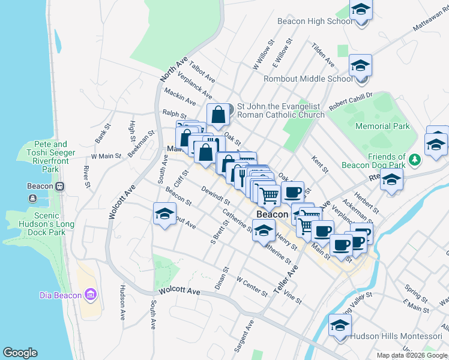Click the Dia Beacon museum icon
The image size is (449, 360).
[91, 294]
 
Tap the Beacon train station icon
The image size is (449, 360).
[59, 185]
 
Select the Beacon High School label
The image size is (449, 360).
[315, 22]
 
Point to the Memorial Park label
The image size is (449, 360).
[382, 126]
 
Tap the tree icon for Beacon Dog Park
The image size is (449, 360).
[414, 159]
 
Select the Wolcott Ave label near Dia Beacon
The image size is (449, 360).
[179, 291]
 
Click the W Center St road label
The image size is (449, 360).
[252, 286]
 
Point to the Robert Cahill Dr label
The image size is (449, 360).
[351, 99]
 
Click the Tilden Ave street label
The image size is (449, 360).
[323, 54]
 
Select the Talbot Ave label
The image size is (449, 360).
[202, 70]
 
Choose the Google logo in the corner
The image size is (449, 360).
[20, 353]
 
